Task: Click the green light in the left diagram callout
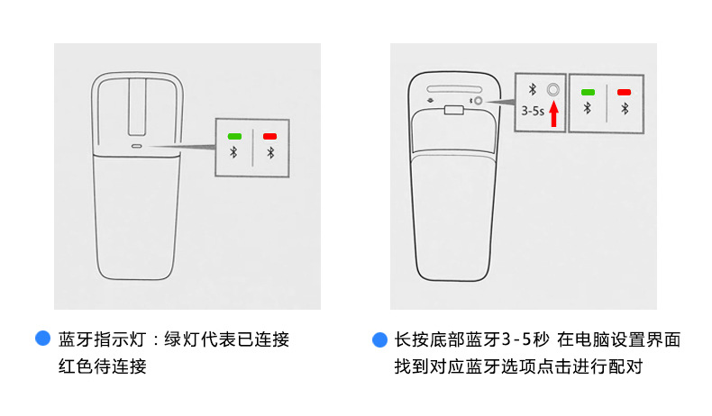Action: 234,135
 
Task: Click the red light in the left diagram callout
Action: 270,135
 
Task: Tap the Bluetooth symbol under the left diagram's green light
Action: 234,152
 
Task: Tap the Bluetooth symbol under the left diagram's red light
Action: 270,152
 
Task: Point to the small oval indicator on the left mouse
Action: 137,146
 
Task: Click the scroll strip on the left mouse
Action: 138,105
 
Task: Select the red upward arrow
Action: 554,114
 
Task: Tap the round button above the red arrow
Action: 553,89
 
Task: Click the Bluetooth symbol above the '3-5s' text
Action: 533,89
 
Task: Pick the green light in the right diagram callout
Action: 589,92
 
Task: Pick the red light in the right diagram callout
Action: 624,92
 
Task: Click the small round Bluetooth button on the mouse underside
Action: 478,101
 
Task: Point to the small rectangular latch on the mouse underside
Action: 453,112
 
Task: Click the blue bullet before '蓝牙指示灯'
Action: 41,339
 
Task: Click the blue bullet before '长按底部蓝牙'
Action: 379,339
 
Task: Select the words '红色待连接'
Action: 102,367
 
